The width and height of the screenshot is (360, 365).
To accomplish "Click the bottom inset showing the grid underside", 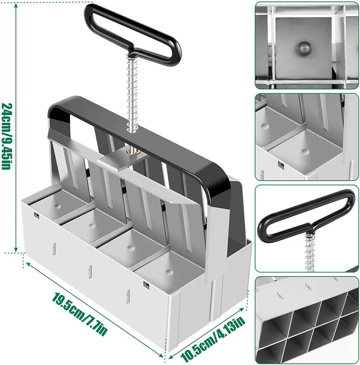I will tap(307, 320).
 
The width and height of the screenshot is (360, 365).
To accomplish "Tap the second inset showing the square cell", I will tap(307, 137).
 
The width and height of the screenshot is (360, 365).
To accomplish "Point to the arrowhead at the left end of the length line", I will tap(26, 261).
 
